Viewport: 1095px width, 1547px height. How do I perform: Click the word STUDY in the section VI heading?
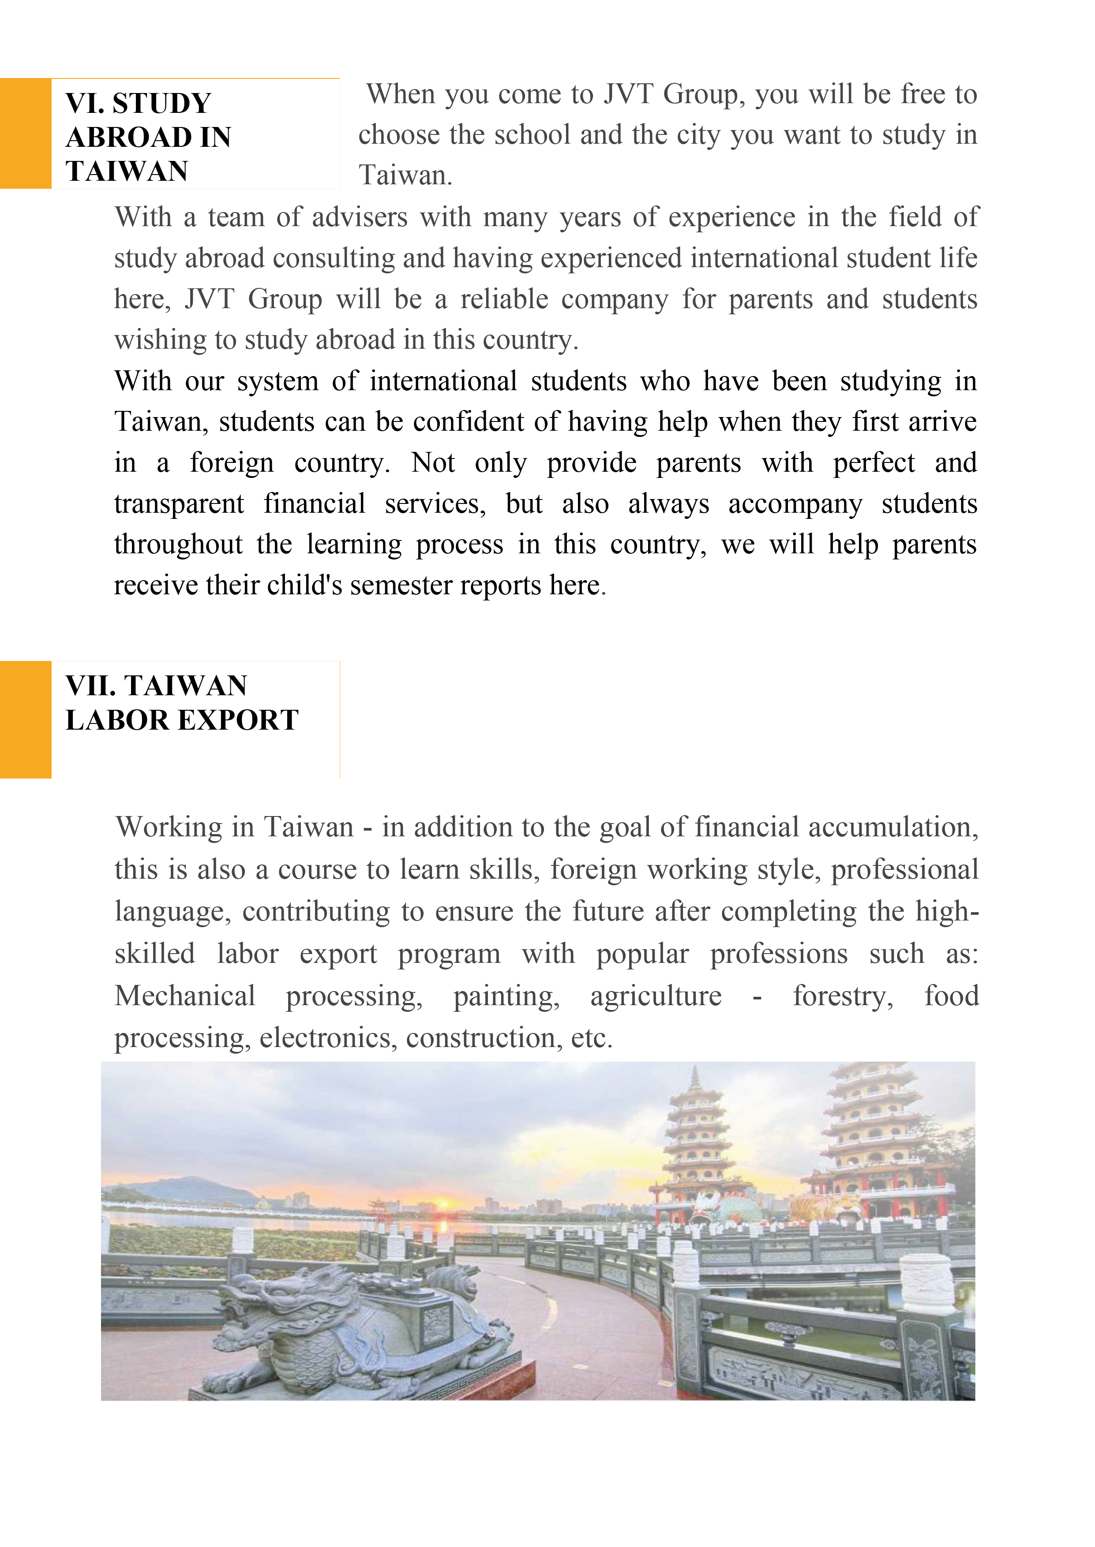click(x=162, y=104)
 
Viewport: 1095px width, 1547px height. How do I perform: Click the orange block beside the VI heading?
click(x=26, y=134)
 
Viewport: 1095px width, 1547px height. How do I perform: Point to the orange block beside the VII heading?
click(x=26, y=719)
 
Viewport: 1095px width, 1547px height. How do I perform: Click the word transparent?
click(x=179, y=504)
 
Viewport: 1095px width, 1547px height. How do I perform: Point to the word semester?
click(x=401, y=585)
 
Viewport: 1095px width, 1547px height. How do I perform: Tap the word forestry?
click(x=843, y=996)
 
